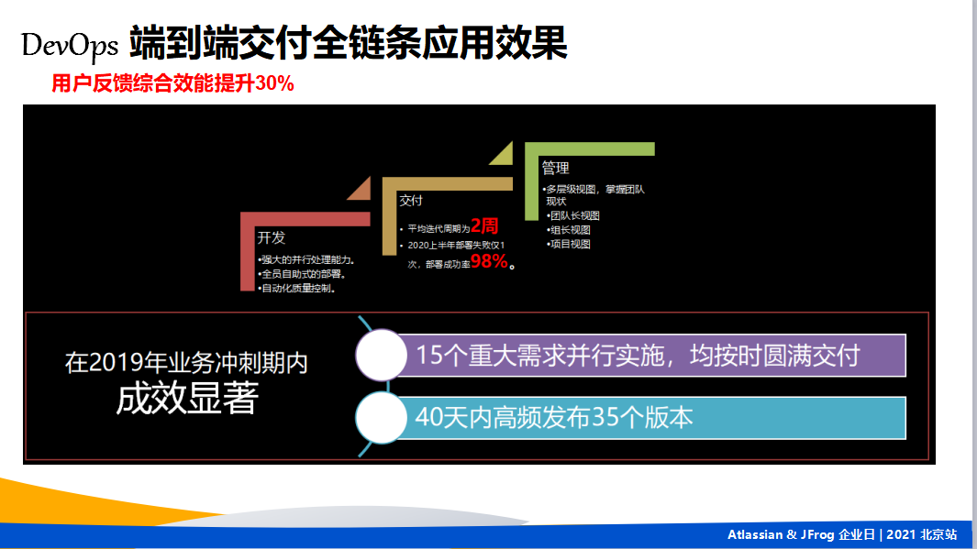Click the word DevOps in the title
coord(69,45)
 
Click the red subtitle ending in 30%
coord(172,83)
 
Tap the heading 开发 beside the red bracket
coord(271,237)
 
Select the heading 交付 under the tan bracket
coord(411,201)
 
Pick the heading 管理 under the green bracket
coord(555,168)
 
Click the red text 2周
coord(484,225)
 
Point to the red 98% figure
coord(489,261)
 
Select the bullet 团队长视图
coord(573,215)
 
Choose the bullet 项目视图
coord(568,244)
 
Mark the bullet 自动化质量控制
coord(297,288)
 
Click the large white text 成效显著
coord(187,399)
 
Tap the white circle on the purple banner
coord(382,355)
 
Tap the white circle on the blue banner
coord(382,418)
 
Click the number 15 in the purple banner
coord(428,356)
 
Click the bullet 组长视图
coord(568,230)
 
